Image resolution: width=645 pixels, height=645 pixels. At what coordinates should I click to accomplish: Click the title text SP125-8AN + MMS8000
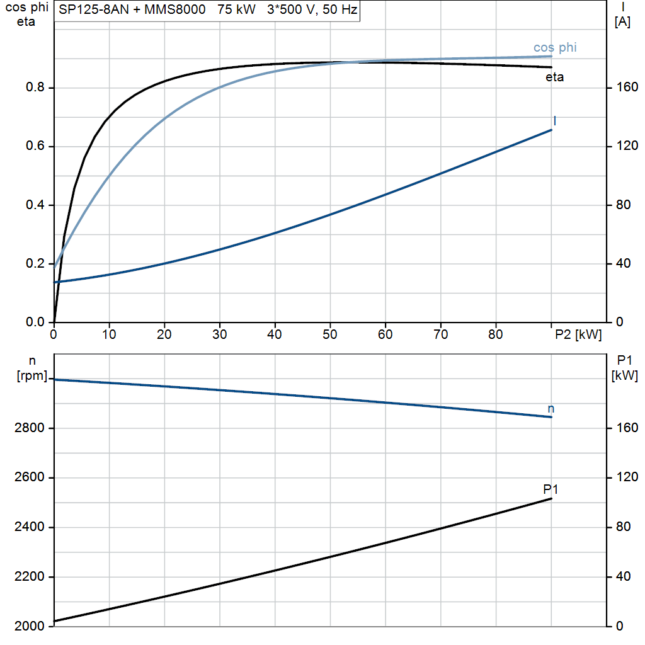coord(132,9)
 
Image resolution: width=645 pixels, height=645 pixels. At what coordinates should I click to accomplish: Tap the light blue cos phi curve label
coord(555,47)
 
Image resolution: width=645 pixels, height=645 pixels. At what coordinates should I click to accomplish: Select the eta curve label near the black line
coord(554,77)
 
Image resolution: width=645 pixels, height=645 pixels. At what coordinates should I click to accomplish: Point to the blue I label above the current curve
coord(555,120)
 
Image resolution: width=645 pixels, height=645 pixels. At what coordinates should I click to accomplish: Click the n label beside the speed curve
coord(551,408)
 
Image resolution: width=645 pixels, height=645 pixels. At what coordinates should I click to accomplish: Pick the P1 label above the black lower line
coord(551,489)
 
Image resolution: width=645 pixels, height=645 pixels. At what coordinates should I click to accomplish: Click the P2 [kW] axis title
coord(578,334)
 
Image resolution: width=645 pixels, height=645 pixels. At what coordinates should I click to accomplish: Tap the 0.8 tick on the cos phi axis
coord(35,87)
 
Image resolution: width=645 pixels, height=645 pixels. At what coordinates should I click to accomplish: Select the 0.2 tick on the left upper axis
coord(35,263)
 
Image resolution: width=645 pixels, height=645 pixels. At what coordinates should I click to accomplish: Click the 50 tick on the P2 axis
coord(330,334)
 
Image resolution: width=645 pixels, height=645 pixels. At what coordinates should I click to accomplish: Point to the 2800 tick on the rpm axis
coord(29,428)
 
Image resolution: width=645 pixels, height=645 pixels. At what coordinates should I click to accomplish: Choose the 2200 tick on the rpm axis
coord(29,576)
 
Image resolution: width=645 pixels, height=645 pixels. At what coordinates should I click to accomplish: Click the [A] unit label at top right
coord(622,21)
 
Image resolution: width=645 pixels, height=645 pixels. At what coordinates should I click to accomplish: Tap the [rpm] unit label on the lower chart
coord(32,375)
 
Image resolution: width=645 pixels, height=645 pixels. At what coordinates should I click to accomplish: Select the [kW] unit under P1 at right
coord(624,375)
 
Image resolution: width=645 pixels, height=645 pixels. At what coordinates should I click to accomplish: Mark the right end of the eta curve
coord(551,67)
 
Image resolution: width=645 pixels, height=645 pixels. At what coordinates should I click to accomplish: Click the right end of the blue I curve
coord(551,130)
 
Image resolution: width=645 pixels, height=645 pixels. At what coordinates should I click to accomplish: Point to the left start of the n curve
coord(55,379)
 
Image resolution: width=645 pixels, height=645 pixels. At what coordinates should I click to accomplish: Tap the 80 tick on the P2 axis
coord(496,334)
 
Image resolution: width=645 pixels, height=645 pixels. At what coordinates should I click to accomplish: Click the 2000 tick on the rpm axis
coord(29,626)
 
